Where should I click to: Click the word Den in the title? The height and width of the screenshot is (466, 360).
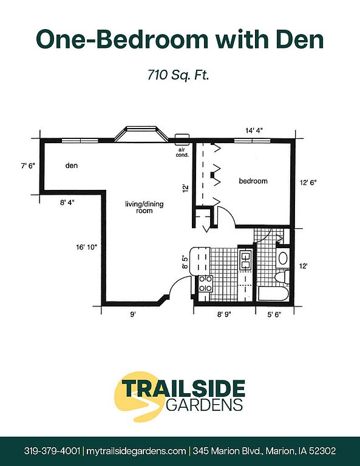(x=300, y=39)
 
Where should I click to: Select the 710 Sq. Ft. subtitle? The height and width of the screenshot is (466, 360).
(x=178, y=75)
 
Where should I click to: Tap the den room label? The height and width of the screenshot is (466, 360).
(x=72, y=165)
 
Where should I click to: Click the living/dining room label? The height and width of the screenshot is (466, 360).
(x=144, y=208)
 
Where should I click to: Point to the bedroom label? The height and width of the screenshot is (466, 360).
(x=253, y=181)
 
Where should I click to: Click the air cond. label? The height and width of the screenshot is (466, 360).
(x=182, y=152)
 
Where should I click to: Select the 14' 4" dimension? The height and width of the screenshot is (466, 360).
(x=254, y=130)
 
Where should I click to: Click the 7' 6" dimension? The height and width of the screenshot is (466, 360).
(x=28, y=166)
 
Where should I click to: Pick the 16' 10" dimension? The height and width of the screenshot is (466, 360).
(x=86, y=247)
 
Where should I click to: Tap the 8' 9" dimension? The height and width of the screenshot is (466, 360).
(x=224, y=314)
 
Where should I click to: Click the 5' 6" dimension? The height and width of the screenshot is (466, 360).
(x=274, y=314)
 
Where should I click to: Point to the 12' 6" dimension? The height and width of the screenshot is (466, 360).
(x=308, y=183)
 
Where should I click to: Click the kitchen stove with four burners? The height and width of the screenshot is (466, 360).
(x=205, y=284)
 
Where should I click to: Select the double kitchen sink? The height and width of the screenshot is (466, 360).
(x=245, y=260)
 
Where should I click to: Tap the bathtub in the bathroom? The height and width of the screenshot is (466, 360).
(x=274, y=294)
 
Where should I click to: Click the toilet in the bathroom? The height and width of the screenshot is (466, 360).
(x=282, y=277)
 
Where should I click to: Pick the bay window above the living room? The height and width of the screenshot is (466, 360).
(x=141, y=134)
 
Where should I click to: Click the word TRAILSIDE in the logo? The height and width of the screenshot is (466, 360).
(x=183, y=389)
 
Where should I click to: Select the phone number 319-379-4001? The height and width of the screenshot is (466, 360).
(x=52, y=451)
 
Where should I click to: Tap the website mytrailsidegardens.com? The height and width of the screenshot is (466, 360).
(x=136, y=451)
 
